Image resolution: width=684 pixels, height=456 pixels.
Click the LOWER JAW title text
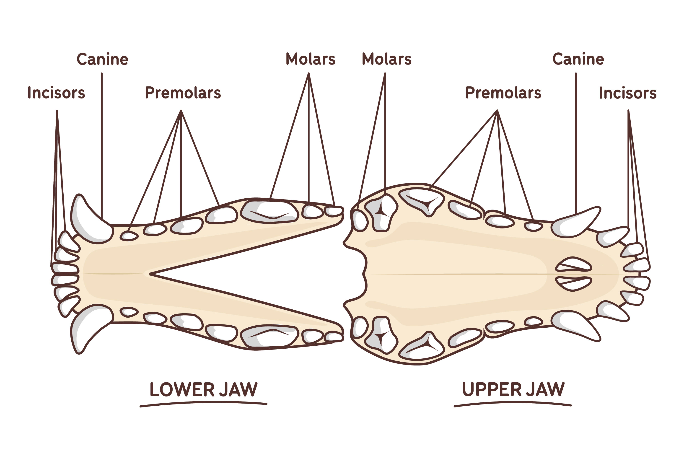click(204, 389)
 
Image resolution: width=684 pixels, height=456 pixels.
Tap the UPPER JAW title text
click(513, 389)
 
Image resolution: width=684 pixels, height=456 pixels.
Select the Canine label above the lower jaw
click(102, 59)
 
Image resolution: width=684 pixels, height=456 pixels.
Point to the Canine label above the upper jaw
click(578, 59)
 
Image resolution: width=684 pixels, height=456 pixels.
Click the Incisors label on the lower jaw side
click(56, 93)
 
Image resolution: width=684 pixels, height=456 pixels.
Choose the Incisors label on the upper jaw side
click(628, 93)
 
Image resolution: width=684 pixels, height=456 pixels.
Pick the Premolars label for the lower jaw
click(183, 93)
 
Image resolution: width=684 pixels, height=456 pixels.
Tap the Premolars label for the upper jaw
click(503, 93)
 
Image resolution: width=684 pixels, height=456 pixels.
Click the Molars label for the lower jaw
click(311, 59)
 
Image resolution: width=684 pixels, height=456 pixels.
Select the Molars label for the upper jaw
click(386, 59)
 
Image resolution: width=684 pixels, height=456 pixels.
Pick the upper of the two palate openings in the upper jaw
click(573, 264)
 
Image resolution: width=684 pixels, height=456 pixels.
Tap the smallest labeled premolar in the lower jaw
click(129, 236)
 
